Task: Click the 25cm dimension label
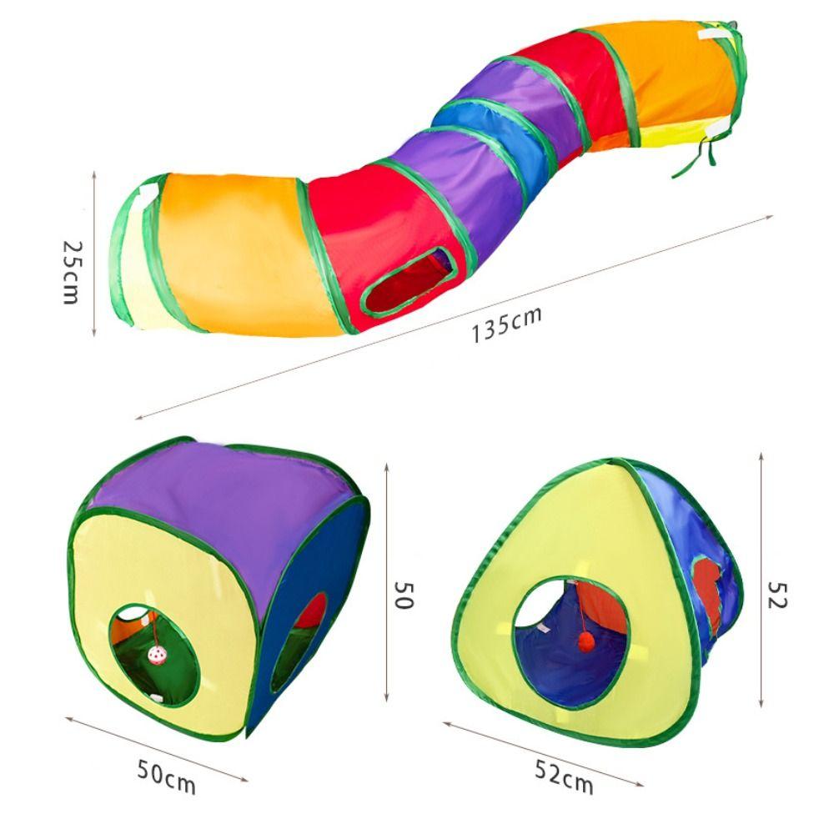coord(73,273)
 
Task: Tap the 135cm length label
coord(507,324)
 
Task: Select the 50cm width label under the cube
coord(167,777)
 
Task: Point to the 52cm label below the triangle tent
coord(564,777)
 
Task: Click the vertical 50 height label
coord(404,595)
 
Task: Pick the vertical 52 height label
coord(777,595)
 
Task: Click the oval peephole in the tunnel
coord(409,281)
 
